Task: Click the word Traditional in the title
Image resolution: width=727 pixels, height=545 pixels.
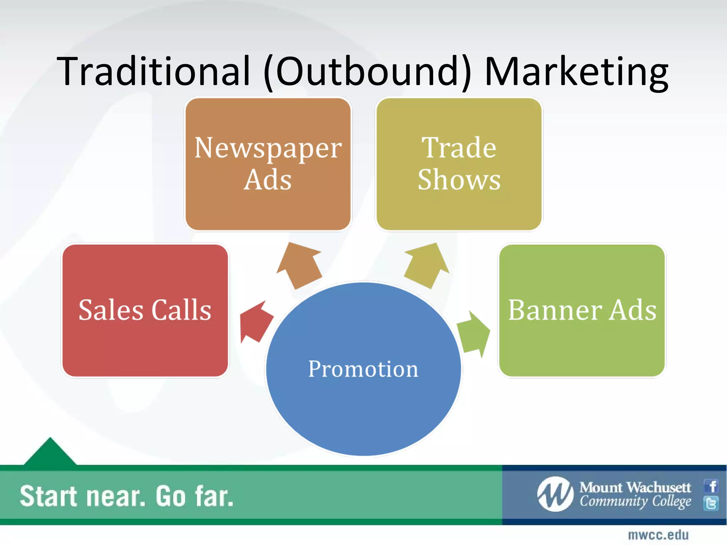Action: click(153, 72)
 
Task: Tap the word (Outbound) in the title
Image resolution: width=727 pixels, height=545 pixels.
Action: click(367, 72)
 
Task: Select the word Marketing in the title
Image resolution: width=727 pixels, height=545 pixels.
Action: click(576, 72)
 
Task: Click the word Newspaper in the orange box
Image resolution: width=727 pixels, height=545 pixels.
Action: click(268, 148)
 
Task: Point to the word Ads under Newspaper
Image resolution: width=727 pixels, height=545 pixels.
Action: click(268, 180)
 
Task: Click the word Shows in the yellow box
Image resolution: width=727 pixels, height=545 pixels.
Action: click(459, 180)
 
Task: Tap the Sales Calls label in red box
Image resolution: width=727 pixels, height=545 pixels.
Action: click(145, 310)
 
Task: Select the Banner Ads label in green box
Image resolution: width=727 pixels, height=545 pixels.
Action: click(582, 310)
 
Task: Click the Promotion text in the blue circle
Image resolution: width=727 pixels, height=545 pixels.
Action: click(363, 369)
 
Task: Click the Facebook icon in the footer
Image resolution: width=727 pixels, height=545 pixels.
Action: click(711, 486)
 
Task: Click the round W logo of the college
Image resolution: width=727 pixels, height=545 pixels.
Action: click(555, 494)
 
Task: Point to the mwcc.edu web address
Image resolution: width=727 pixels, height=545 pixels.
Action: click(658, 535)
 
